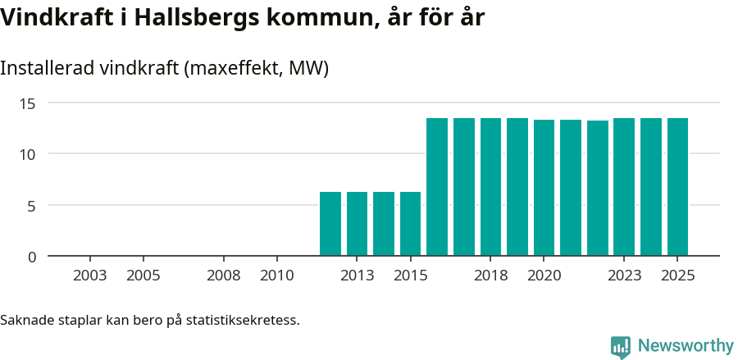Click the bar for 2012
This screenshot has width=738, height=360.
330,224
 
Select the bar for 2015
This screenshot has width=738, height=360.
410,224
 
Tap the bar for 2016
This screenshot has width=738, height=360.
437,187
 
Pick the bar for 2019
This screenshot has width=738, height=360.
517,187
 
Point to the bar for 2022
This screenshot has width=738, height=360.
598,189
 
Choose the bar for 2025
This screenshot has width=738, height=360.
677,187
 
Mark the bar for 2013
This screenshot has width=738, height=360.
357,224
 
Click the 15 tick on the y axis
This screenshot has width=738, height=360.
29,103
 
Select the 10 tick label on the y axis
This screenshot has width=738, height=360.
29,154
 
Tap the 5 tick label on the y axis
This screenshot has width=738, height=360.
32,206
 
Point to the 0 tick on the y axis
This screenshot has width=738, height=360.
32,257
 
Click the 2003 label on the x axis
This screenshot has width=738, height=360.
89,276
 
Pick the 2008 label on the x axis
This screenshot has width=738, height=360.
223,276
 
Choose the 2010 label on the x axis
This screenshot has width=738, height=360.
276,276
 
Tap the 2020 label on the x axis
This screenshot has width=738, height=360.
544,276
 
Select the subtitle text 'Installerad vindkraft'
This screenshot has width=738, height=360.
90,68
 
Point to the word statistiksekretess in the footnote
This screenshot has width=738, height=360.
242,320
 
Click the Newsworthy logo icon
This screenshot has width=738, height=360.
621,347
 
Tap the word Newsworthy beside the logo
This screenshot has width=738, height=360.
686,346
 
